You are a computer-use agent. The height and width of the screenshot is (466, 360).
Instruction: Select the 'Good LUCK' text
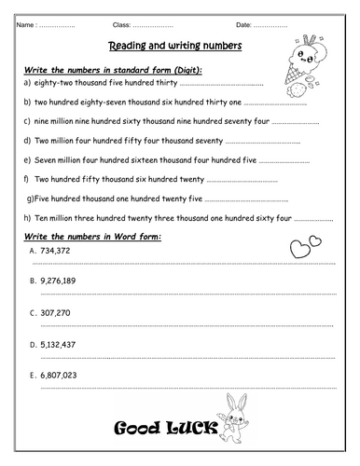click(x=166, y=429)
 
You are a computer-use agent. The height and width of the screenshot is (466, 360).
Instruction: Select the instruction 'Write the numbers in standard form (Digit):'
click(x=112, y=71)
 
